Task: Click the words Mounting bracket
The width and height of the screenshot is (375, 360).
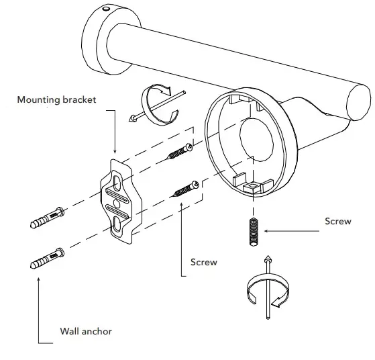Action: pos(57,99)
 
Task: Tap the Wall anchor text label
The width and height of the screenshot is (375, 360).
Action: pos(86,331)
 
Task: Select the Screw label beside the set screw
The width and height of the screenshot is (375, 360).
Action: pos(337,221)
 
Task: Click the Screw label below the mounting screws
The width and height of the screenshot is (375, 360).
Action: pos(204,262)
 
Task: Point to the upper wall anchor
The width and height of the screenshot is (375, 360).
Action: pos(48,218)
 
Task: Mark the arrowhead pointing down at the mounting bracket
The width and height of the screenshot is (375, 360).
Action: pos(115,151)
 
